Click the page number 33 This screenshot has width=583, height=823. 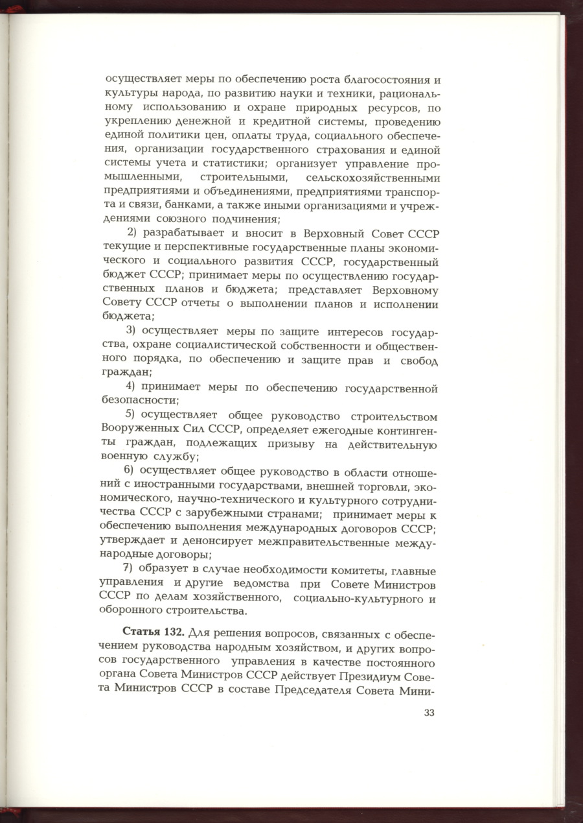[x=429, y=713]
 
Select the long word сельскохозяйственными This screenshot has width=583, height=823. [x=374, y=178]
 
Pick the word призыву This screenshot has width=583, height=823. [x=286, y=444]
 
